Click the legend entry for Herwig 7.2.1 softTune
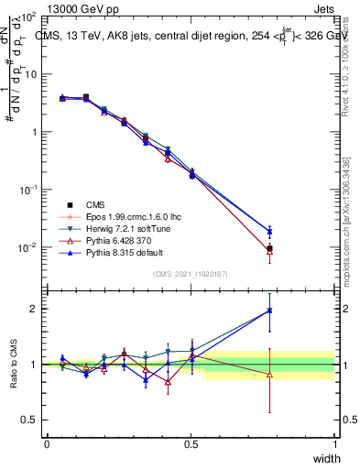(124, 229)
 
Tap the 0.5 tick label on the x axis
(191, 443)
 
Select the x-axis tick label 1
(335, 443)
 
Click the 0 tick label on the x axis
(47, 443)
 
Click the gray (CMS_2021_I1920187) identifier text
(191, 274)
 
